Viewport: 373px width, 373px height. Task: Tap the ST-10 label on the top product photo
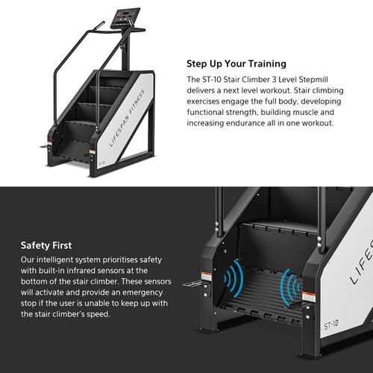[x=101, y=160]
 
